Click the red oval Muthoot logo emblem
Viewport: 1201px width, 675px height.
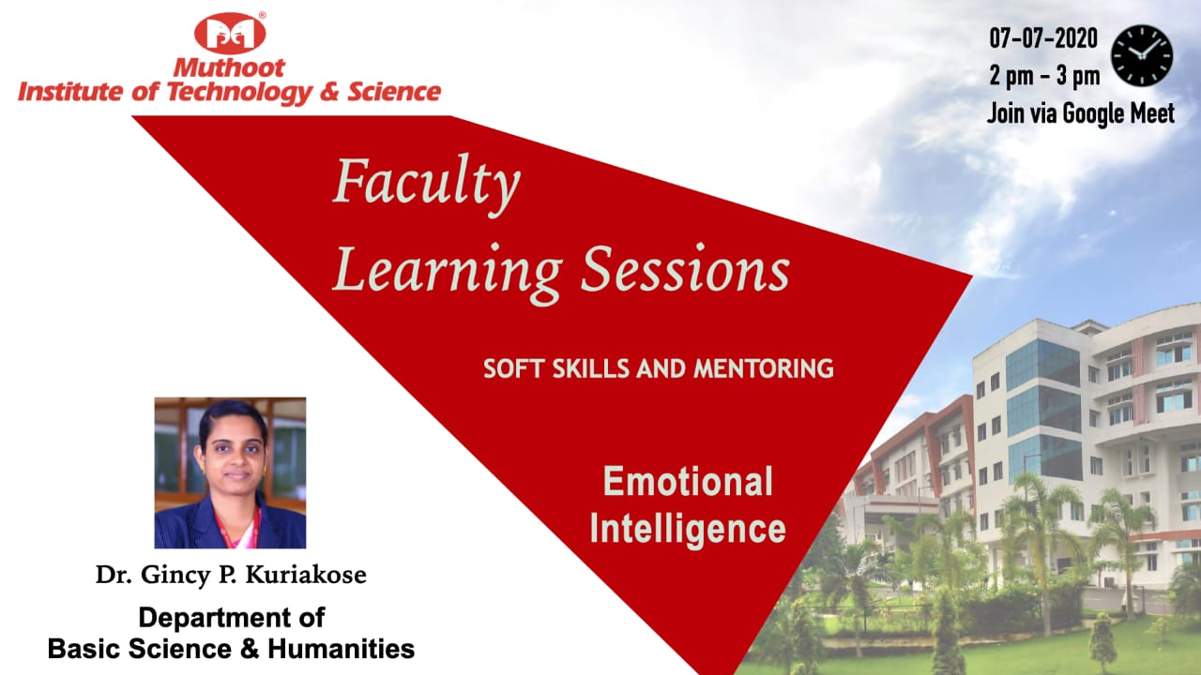click(230, 33)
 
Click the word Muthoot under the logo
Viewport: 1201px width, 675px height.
click(229, 68)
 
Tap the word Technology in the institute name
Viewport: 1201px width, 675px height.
click(239, 92)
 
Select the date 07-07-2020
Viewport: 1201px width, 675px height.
click(1043, 38)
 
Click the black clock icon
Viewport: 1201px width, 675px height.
click(1142, 55)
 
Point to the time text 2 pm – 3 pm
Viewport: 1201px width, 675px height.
click(1044, 76)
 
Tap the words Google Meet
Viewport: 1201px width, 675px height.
click(1118, 113)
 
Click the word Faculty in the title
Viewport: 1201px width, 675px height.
click(426, 185)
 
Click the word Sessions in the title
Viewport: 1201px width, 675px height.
click(686, 269)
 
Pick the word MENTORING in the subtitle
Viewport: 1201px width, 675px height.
click(764, 368)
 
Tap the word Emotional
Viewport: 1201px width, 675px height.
click(688, 481)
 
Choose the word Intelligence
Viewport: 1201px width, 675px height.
click(688, 529)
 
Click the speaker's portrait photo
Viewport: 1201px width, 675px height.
click(230, 472)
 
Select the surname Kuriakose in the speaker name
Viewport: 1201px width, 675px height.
click(306, 575)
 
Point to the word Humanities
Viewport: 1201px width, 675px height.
click(341, 649)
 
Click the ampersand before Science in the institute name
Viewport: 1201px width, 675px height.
click(329, 92)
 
